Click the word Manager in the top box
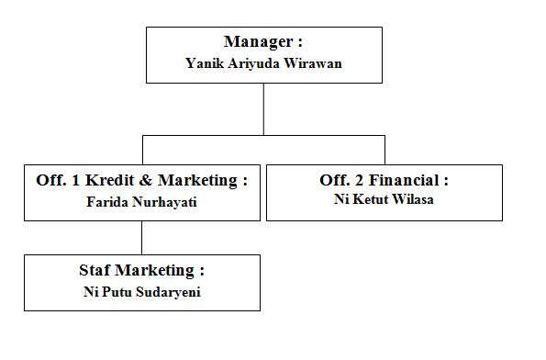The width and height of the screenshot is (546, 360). [258, 42]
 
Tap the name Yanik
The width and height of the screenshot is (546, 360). [205, 63]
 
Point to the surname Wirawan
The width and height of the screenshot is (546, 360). [313, 63]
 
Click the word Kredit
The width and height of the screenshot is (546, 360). [110, 180]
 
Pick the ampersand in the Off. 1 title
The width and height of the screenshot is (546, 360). [146, 180]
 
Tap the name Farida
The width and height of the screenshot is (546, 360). [107, 202]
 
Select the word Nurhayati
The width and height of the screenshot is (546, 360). [164, 203]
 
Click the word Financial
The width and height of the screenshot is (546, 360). [404, 180]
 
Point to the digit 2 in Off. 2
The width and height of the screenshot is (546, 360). [359, 181]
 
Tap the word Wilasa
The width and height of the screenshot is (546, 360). [413, 199]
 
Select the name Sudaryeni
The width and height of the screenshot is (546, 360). [168, 292]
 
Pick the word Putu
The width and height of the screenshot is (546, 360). [117, 292]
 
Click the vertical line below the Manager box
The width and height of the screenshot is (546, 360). [263, 109]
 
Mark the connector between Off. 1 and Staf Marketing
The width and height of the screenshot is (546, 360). [141, 238]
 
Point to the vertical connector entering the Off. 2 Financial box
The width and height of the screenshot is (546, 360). [384, 150]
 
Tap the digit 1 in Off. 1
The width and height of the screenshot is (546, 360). [75, 181]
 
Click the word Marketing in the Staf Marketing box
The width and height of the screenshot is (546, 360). [154, 271]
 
